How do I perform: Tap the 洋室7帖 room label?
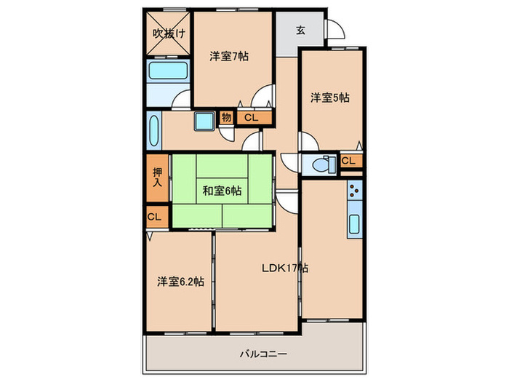pyautogui.click(x=230, y=56)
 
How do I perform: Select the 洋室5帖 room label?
pyautogui.click(x=331, y=97)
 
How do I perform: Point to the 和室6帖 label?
pyautogui.click(x=223, y=191)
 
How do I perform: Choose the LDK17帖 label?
pyautogui.click(x=286, y=268)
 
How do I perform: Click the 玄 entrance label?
pyautogui.click(x=300, y=30)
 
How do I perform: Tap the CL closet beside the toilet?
pyautogui.click(x=348, y=161)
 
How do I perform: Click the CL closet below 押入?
pyautogui.click(x=154, y=216)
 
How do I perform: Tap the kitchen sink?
pyautogui.click(x=354, y=225)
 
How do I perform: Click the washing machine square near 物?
pyautogui.click(x=204, y=121)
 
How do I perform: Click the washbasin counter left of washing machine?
pyautogui.click(x=153, y=131)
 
